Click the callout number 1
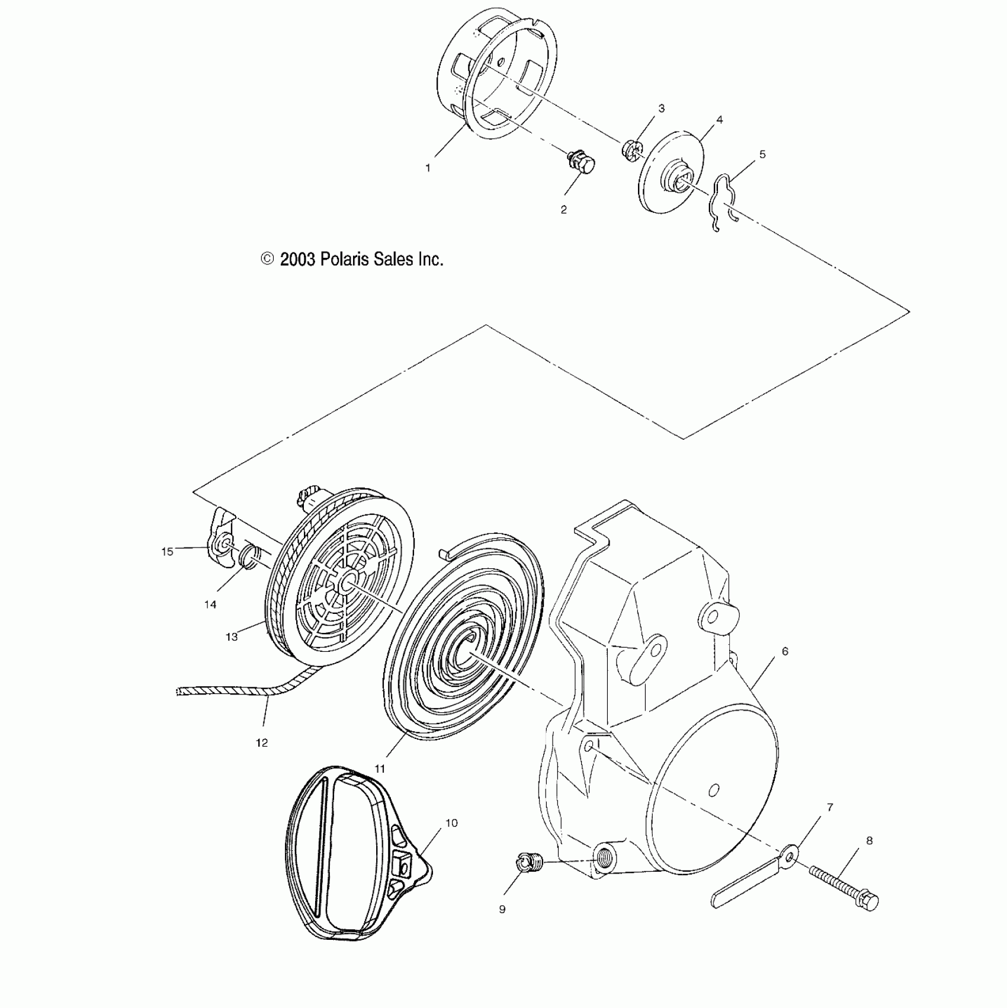point(428,168)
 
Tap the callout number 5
point(762,155)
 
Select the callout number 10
point(452,823)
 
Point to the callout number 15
point(167,552)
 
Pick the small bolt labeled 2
point(580,162)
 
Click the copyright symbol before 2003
point(267,259)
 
